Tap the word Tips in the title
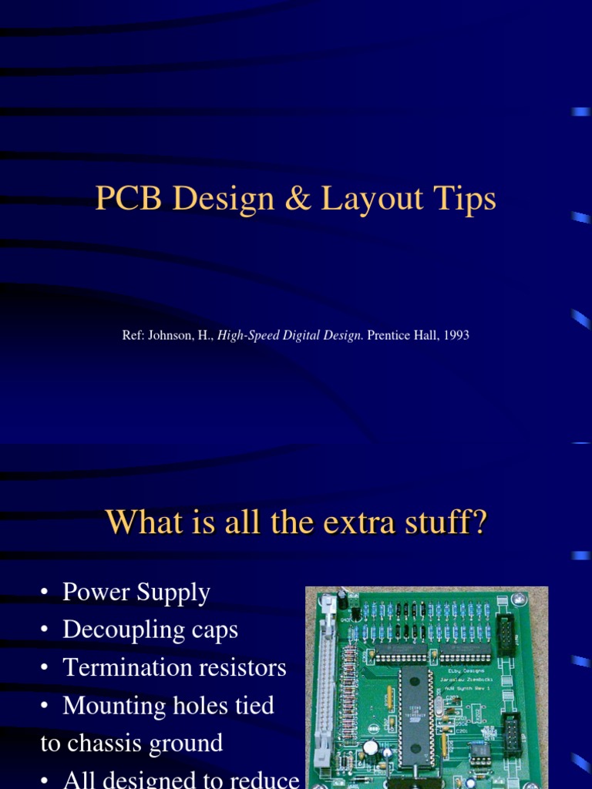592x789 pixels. pyautogui.click(x=468, y=200)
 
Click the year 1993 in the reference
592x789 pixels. pyautogui.click(x=456, y=336)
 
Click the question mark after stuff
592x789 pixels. pyautogui.click(x=479, y=522)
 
